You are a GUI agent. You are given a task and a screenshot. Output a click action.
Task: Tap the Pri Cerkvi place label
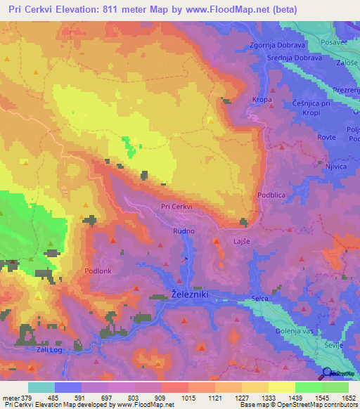tap(176, 207)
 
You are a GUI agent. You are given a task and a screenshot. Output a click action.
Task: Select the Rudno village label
tap(184, 230)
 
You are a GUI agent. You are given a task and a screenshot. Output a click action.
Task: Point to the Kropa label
tap(262, 100)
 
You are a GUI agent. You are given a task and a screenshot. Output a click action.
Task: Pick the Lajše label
tap(241, 241)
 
